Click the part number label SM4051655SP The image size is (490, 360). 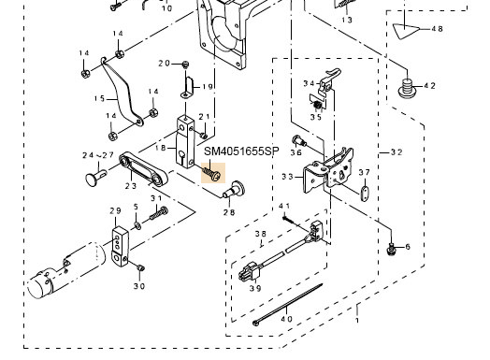(x=241, y=151)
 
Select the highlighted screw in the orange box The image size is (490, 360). (x=213, y=173)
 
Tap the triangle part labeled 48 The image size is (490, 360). (x=406, y=31)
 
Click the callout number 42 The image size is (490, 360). (x=430, y=86)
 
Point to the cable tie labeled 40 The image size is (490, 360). (x=287, y=305)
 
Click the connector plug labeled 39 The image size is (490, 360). (x=249, y=272)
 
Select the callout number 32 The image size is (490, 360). (x=396, y=152)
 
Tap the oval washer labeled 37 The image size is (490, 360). (x=364, y=194)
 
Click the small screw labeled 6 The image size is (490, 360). (x=390, y=249)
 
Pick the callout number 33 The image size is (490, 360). (x=287, y=177)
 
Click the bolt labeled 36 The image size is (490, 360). (x=299, y=141)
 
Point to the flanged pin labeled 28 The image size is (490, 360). (x=235, y=189)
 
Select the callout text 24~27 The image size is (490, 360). (x=98, y=155)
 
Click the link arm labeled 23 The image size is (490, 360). (x=143, y=169)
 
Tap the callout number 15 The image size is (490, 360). (x=99, y=99)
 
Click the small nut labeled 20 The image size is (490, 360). (x=186, y=65)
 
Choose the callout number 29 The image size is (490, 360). (x=115, y=210)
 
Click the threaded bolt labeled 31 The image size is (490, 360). (x=159, y=213)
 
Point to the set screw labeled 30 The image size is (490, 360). (x=140, y=267)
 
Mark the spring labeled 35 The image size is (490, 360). (x=318, y=106)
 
